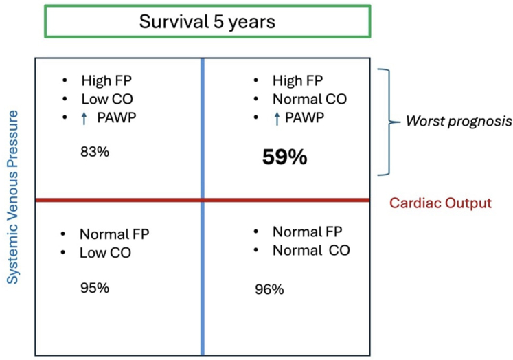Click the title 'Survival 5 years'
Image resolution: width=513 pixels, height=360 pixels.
(207, 22)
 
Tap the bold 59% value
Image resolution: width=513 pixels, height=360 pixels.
(284, 157)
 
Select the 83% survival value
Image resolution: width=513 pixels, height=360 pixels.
(95, 152)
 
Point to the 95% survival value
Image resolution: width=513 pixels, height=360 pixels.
(95, 288)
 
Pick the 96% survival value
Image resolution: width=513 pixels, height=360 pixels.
(269, 289)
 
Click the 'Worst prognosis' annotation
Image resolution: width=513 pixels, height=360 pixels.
(459, 122)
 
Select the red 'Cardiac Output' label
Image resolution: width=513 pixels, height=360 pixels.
(440, 203)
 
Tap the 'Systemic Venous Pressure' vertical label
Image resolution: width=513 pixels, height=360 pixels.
(13, 197)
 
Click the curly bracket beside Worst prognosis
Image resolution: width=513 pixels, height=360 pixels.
(389, 122)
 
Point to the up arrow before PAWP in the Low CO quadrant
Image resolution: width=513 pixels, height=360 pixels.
(84, 118)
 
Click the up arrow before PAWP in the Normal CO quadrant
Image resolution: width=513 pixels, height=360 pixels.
(277, 118)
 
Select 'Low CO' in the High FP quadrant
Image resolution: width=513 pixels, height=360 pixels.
(107, 99)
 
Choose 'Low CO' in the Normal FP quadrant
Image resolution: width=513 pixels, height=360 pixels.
(105, 253)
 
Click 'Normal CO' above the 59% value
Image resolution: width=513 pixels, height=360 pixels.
(310, 99)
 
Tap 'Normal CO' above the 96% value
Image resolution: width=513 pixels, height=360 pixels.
(311, 250)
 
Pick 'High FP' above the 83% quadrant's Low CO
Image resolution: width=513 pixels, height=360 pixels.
(106, 80)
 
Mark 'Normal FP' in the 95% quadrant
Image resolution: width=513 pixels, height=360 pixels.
(115, 234)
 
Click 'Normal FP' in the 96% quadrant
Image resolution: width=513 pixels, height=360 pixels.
(308, 232)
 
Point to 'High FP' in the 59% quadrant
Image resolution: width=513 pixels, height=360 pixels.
(298, 80)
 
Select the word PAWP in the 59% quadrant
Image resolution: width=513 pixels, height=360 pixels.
(304, 117)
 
